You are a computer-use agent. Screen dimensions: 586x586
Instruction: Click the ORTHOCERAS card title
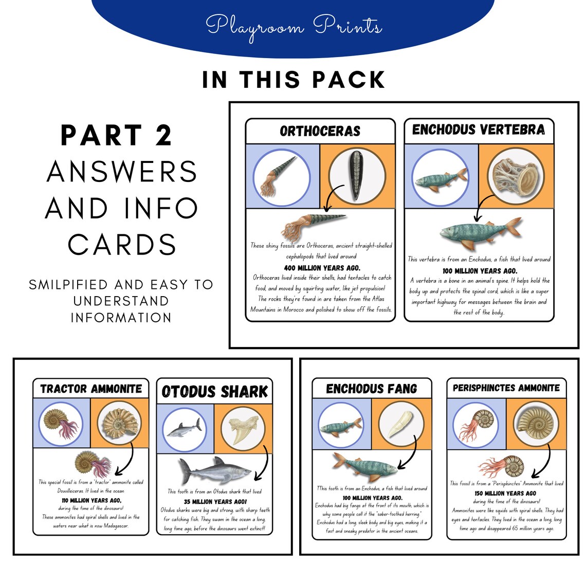click(x=320, y=131)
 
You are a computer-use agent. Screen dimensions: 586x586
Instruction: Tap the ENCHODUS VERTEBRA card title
click(x=478, y=130)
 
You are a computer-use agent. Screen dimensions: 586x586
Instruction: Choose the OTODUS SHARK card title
click(x=214, y=392)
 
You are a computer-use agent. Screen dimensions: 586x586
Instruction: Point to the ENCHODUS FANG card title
click(x=371, y=389)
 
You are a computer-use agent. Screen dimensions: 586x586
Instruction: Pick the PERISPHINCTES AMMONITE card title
click(x=506, y=388)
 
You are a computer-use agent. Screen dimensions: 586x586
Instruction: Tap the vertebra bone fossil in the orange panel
click(x=516, y=176)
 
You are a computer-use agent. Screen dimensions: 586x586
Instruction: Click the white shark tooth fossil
click(x=242, y=429)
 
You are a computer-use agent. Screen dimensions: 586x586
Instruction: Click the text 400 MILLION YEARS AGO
click(x=322, y=268)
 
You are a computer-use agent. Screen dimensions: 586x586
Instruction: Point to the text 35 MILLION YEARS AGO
click(x=215, y=501)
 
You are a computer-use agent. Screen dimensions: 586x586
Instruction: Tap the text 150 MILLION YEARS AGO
click(x=505, y=493)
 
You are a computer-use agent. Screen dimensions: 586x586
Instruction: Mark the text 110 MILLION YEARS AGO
click(x=91, y=500)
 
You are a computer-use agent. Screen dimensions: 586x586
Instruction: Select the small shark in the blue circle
click(x=185, y=428)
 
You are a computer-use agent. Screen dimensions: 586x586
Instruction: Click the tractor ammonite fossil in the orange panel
click(x=119, y=423)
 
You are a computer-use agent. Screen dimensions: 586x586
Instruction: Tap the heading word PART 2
click(x=116, y=136)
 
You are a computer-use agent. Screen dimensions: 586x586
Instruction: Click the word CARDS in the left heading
click(x=122, y=245)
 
